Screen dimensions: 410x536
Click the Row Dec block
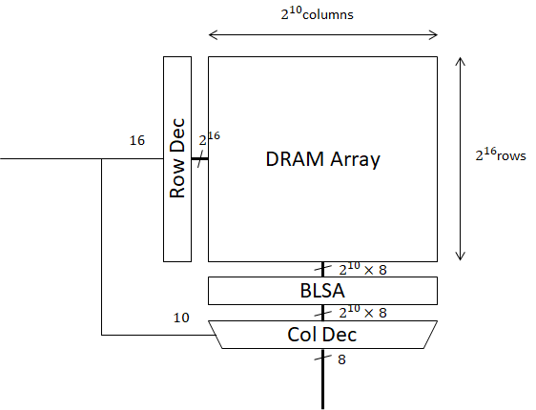pyautogui.click(x=176, y=158)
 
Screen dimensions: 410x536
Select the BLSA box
pyautogui.click(x=322, y=290)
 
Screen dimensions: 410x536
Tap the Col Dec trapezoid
pyautogui.click(x=322, y=335)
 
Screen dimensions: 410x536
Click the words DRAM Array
pyautogui.click(x=322, y=159)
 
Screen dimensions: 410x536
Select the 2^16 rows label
pyautogui.click(x=501, y=154)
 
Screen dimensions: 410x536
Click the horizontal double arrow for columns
pyautogui.click(x=322, y=35)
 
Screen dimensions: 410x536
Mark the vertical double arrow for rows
pyautogui.click(x=462, y=158)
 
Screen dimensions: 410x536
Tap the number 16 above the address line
pyautogui.click(x=137, y=140)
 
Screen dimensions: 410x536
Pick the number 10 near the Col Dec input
pyautogui.click(x=181, y=318)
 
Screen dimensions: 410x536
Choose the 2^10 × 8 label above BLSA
pyautogui.click(x=363, y=270)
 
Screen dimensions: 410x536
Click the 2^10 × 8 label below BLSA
pyautogui.click(x=363, y=313)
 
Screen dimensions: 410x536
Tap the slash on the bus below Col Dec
pyautogui.click(x=322, y=359)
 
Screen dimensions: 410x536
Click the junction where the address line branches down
pyautogui.click(x=102, y=159)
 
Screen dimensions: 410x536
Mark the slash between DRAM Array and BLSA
pyautogui.click(x=322, y=269)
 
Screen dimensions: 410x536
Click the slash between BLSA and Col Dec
pyautogui.click(x=322, y=312)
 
